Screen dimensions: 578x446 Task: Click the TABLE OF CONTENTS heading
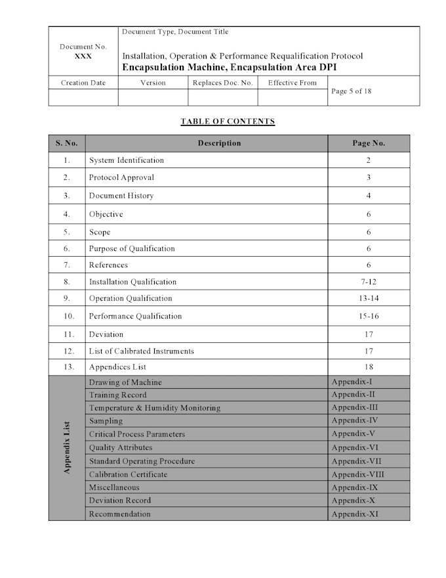(228, 122)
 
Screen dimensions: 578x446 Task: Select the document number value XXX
(83, 56)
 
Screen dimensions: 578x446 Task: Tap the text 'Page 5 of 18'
(352, 91)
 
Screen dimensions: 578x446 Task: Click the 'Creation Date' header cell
(83, 83)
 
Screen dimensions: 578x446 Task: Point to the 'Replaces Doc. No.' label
(222, 83)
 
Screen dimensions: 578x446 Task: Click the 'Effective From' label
(293, 83)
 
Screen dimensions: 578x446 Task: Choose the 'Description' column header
(219, 143)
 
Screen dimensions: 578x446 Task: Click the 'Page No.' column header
(369, 143)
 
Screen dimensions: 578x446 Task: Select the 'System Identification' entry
(127, 160)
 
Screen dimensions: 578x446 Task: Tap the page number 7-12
(369, 282)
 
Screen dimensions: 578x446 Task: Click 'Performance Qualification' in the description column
(136, 316)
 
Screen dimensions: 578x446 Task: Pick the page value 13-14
(369, 298)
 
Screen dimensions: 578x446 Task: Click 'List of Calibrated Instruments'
(142, 351)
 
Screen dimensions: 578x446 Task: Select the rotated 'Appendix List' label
(67, 448)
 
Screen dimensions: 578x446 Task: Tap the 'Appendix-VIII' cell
(358, 474)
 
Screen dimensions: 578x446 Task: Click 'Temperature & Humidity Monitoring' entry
(155, 408)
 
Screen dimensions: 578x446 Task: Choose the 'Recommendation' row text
(120, 514)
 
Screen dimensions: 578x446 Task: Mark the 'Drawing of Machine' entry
(125, 382)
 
